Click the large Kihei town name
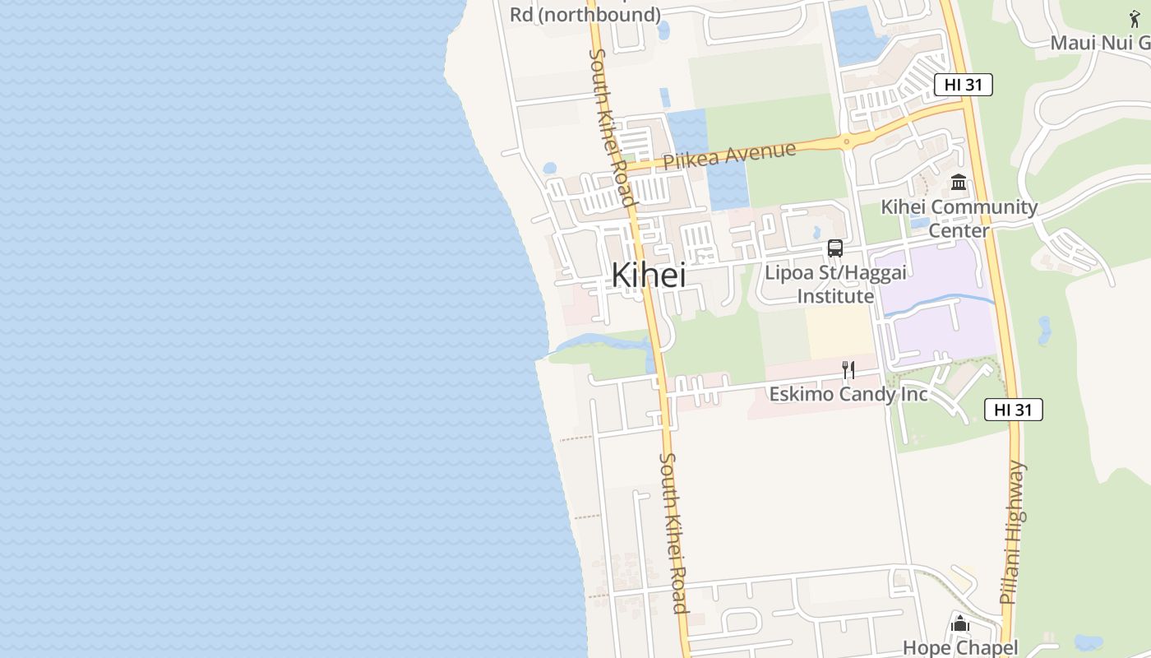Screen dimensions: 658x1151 tap(649, 275)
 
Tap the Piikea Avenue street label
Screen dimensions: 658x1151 tap(729, 155)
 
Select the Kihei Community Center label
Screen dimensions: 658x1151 tap(959, 218)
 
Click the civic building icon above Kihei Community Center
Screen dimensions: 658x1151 tap(959, 182)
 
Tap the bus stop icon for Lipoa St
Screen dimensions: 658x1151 tap(835, 248)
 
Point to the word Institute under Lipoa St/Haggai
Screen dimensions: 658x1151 tap(835, 296)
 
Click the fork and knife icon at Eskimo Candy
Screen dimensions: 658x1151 tap(848, 370)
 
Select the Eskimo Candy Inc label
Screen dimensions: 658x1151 tap(848, 395)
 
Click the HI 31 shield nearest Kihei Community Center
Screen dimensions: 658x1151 tap(963, 84)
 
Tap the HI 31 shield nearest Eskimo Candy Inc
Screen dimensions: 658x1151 tap(1013, 410)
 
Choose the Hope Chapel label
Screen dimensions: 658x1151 tap(960, 648)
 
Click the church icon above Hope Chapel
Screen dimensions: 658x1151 tap(960, 624)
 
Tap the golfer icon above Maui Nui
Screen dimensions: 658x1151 tap(1135, 18)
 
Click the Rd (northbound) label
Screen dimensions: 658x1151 tap(585, 14)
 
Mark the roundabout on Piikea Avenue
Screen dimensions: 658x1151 tap(847, 142)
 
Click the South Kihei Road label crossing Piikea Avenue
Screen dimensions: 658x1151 tap(610, 127)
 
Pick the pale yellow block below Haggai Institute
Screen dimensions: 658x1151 tap(839, 333)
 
